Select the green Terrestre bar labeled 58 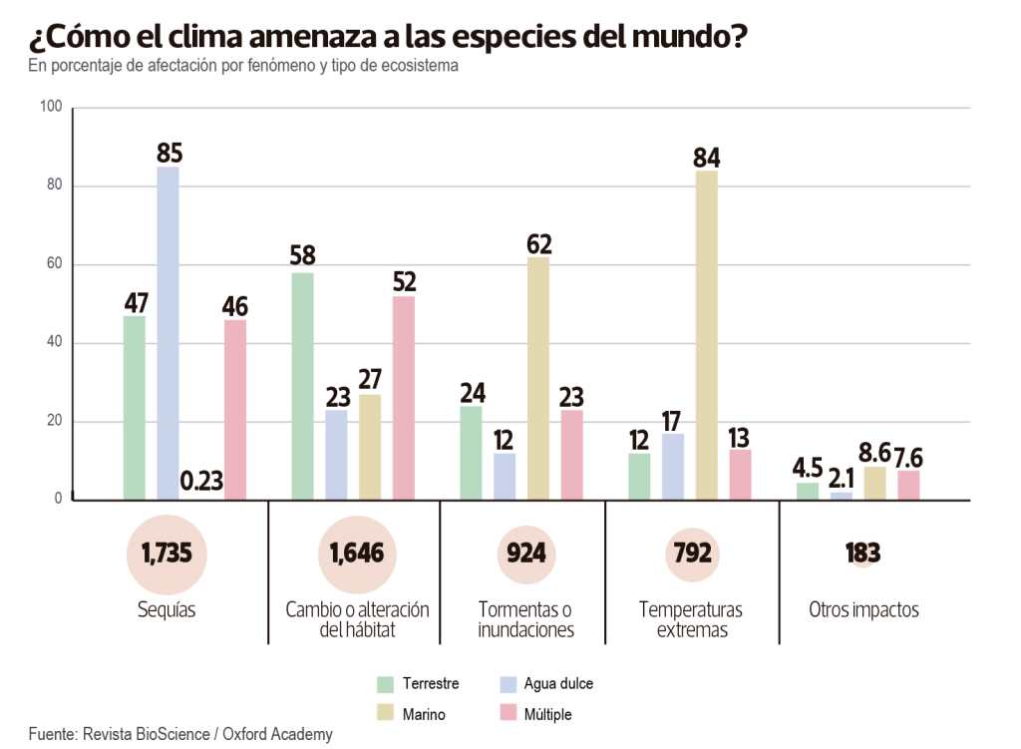click(x=303, y=386)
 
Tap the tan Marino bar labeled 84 click(x=707, y=335)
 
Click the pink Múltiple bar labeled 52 click(x=403, y=398)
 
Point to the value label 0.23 click(x=200, y=482)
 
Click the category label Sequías click(x=167, y=610)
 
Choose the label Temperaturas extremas click(x=691, y=619)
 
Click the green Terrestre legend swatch click(x=385, y=684)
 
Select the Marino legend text click(x=424, y=714)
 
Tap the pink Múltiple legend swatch click(x=507, y=714)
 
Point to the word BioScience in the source click(x=170, y=734)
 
